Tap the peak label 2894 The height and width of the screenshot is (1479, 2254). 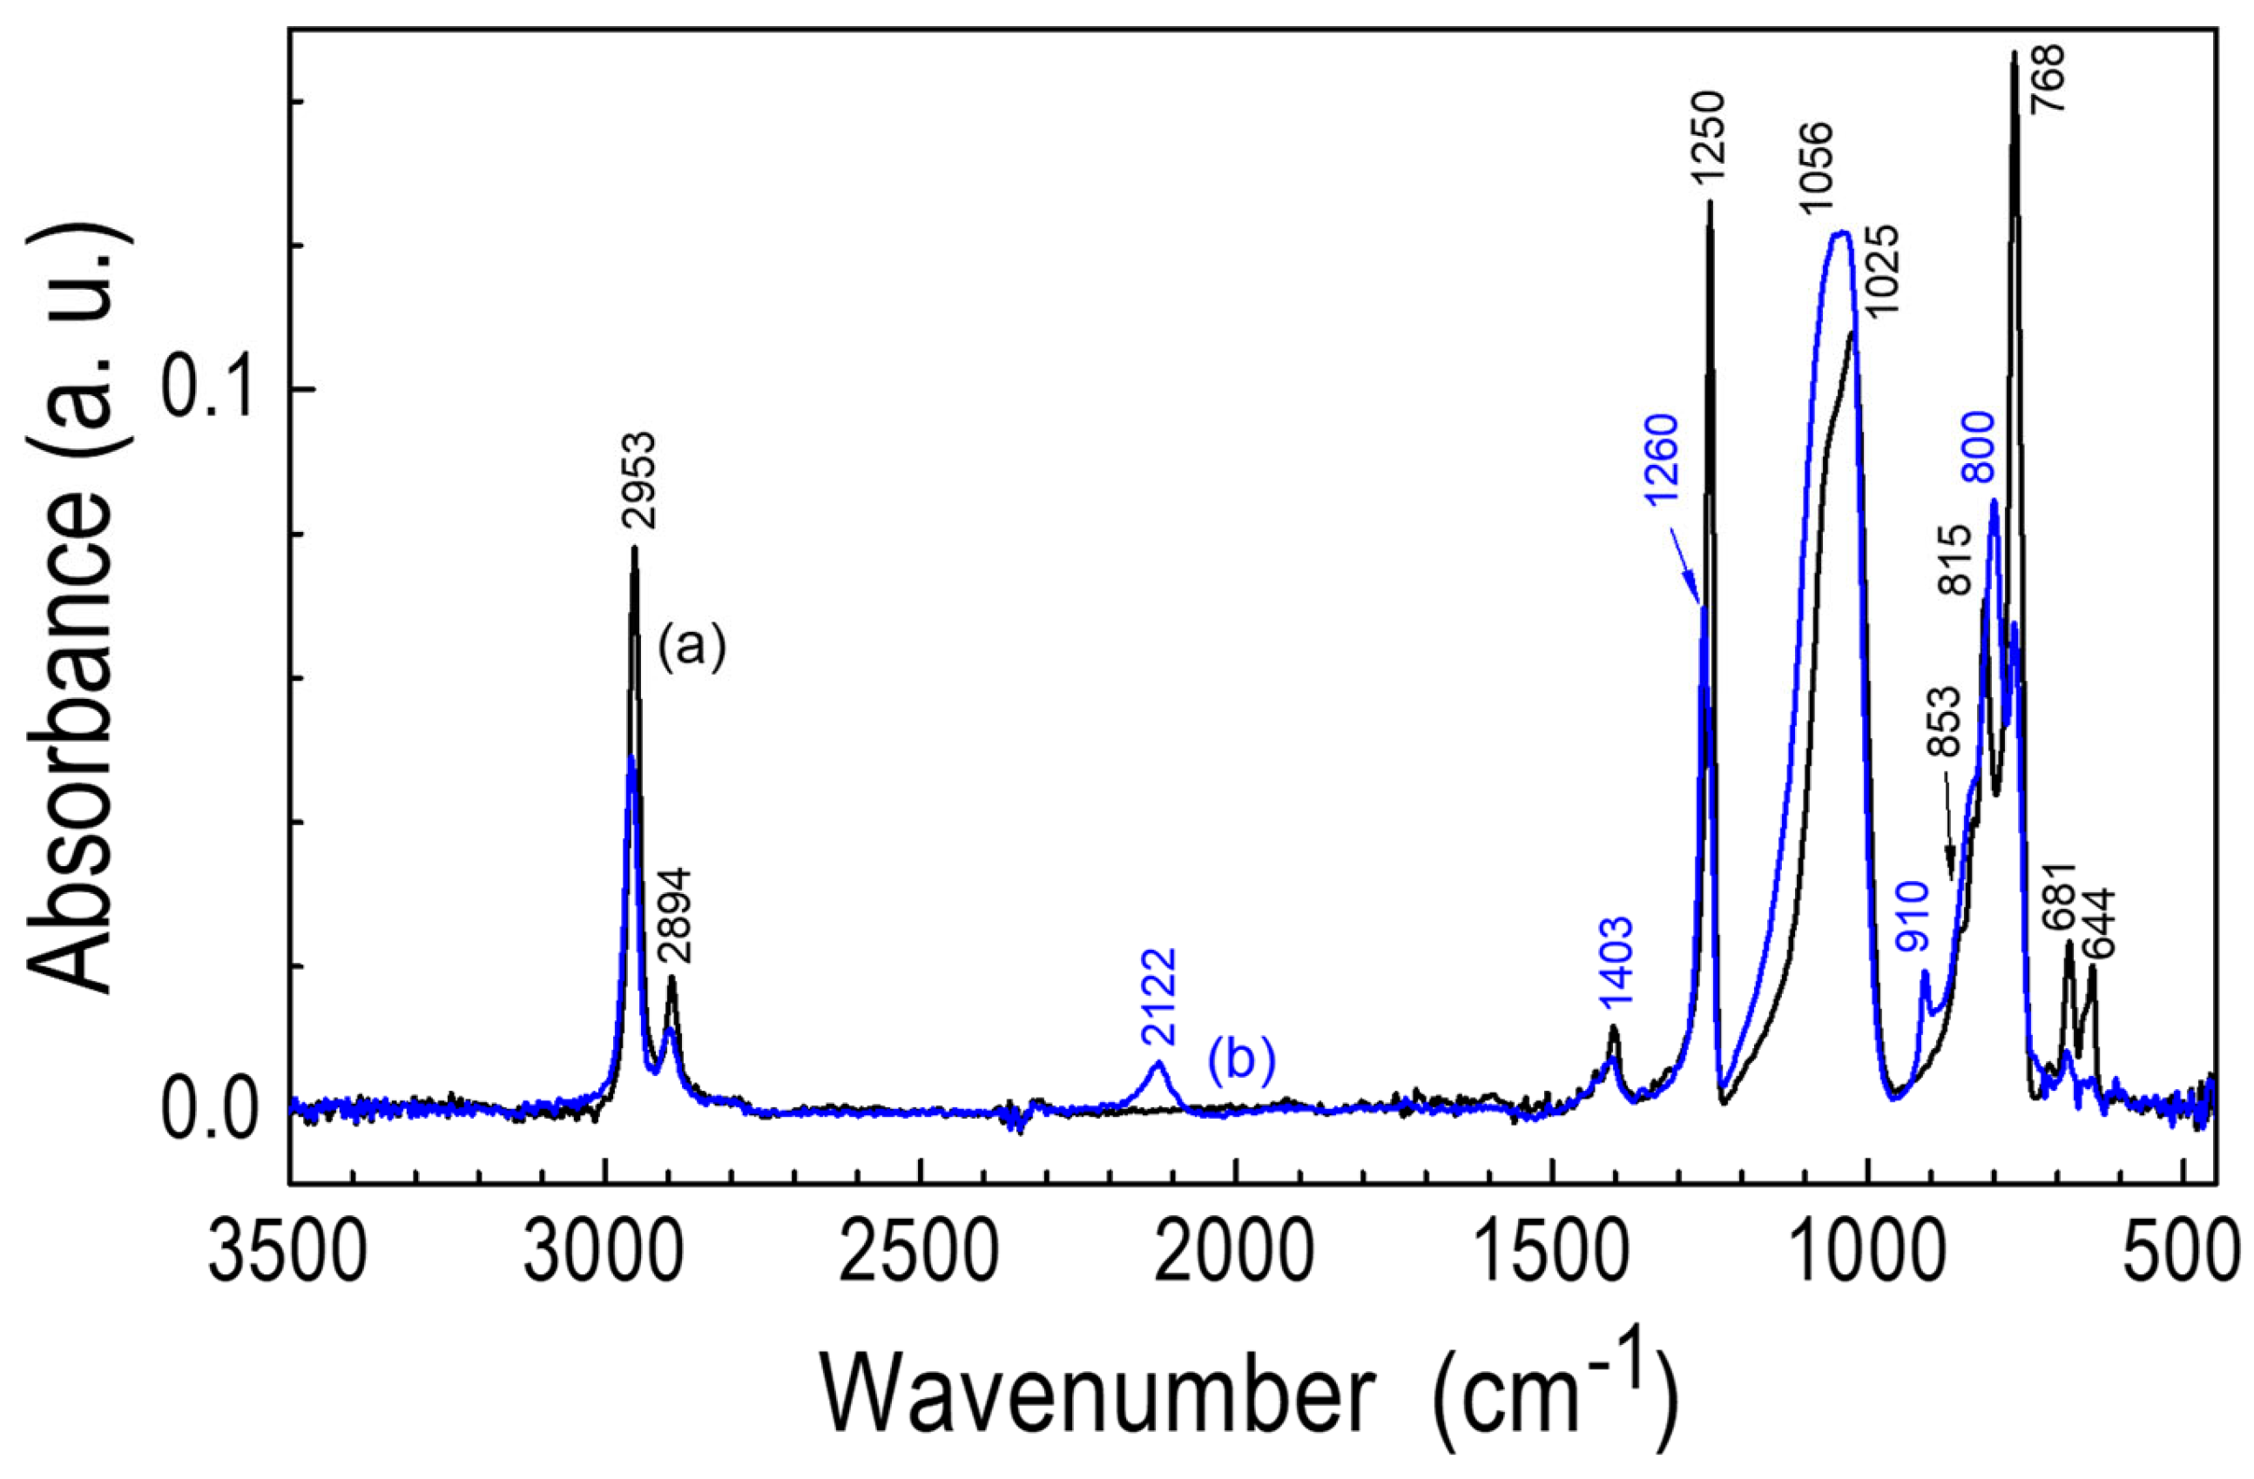tap(676, 917)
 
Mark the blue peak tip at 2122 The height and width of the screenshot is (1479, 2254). tap(1157, 1065)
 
